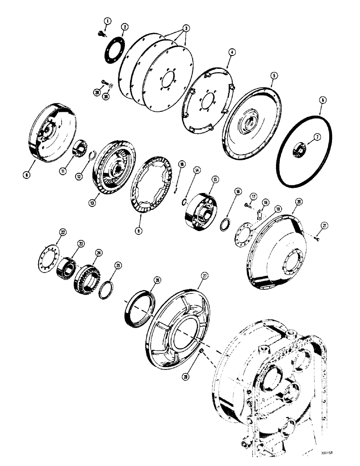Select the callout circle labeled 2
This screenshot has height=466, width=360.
(x=124, y=27)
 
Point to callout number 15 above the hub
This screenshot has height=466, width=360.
(x=215, y=178)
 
